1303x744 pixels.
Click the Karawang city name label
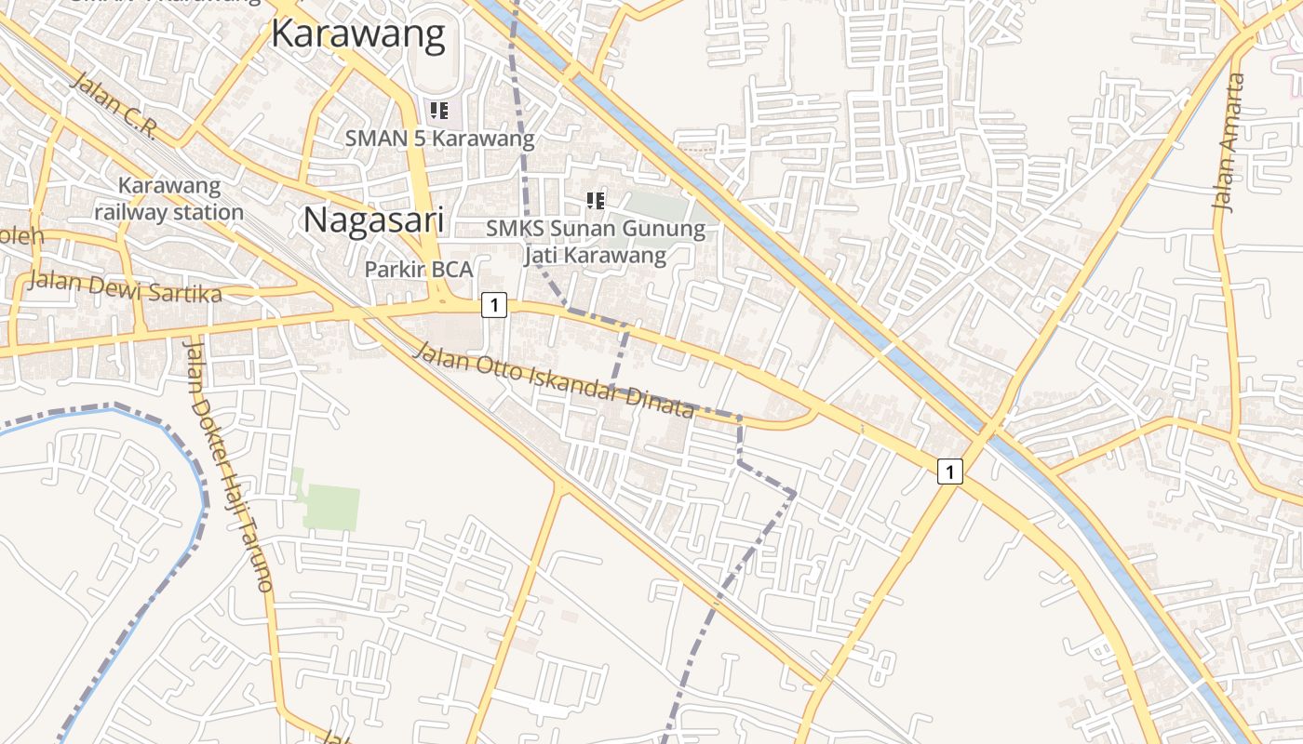click(358, 34)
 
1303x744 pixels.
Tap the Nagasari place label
click(373, 221)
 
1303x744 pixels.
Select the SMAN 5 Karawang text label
click(440, 139)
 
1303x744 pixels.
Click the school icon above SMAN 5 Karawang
click(439, 111)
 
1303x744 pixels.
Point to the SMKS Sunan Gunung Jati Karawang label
click(596, 242)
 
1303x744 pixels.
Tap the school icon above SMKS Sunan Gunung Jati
click(596, 200)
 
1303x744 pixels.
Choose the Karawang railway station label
click(168, 199)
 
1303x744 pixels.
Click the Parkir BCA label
click(419, 270)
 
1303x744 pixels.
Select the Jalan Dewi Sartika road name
click(125, 286)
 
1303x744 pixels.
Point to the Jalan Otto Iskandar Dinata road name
click(554, 379)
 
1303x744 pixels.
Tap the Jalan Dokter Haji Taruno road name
click(228, 465)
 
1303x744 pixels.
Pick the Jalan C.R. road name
click(114, 106)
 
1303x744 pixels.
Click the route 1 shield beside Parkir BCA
click(494, 304)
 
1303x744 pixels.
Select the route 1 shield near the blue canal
click(948, 472)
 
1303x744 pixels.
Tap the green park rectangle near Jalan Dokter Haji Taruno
click(330, 506)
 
